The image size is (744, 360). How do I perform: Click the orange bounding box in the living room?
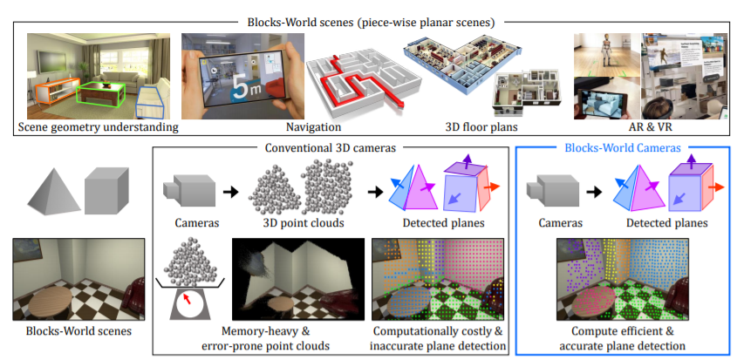52,92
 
